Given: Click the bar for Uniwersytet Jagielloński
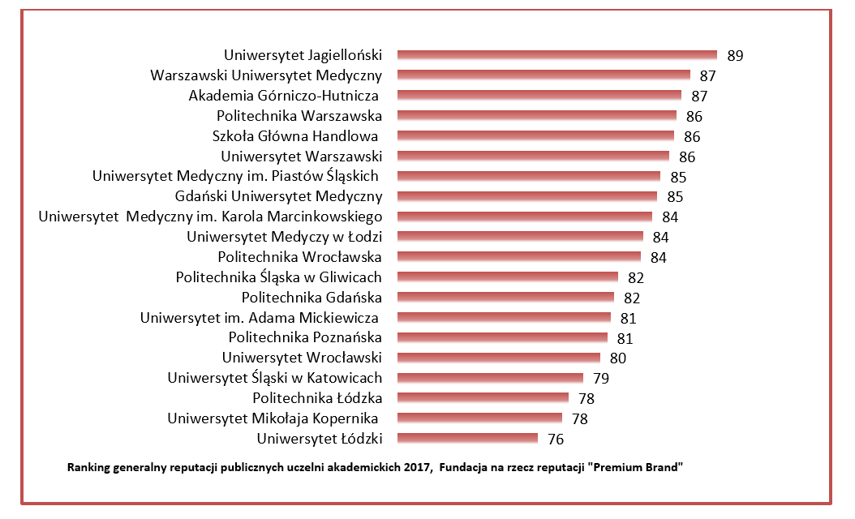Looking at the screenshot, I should click(557, 55).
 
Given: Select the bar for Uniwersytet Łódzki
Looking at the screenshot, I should click(467, 439).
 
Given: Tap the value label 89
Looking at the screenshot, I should click(736, 56).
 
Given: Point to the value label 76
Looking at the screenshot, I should click(556, 440).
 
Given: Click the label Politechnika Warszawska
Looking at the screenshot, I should click(299, 116).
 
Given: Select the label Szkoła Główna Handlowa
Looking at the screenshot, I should click(297, 136).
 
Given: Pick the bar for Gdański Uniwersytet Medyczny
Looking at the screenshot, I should click(526, 196).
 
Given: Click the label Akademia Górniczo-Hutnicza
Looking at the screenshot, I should click(285, 96).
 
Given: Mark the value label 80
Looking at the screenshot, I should click(618, 358).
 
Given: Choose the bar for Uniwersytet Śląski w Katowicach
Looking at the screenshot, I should click(490, 378).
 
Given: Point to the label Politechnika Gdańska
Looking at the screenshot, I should click(312, 298).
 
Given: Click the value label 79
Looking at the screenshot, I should click(600, 379).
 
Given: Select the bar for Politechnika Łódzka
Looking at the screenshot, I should click(483, 398).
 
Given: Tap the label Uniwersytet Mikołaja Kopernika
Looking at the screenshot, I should click(274, 418).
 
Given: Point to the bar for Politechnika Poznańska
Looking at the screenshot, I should click(502, 337).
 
